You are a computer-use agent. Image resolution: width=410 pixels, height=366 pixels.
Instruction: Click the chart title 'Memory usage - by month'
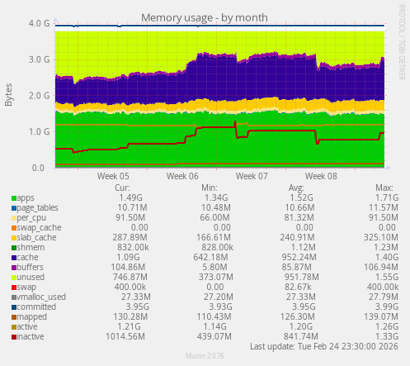click(205, 17)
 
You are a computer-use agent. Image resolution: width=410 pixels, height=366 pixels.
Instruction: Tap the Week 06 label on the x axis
click(181, 176)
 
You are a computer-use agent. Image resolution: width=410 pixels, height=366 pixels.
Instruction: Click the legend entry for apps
click(25, 198)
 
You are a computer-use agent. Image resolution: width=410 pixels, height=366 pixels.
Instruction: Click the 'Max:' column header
click(384, 188)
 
